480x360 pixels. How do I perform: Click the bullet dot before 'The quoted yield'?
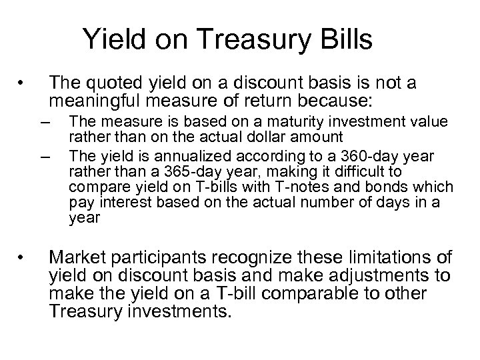pos(22,84)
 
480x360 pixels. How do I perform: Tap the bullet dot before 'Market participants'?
pos(22,257)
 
